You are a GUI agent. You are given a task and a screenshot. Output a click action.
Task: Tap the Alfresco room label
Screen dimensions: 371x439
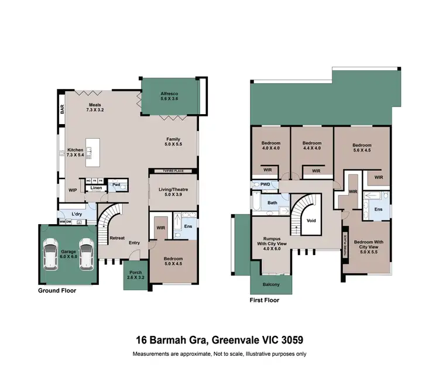[173, 96]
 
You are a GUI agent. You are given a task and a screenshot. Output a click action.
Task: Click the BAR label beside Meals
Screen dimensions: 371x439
[61, 109]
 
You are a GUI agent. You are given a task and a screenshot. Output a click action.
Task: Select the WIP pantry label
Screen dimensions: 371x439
[73, 190]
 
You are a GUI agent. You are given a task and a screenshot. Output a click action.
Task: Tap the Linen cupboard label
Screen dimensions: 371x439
[96, 188]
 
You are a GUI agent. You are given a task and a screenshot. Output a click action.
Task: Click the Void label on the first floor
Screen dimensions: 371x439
[311, 221]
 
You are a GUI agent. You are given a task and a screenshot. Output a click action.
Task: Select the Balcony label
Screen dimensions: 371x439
[270, 285]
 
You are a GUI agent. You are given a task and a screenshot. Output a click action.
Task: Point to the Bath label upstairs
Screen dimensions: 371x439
[272, 203]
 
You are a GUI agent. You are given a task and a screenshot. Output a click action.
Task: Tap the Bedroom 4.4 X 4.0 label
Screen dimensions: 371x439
[312, 146]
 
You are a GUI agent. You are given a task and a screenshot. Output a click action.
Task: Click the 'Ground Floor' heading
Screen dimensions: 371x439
[57, 290]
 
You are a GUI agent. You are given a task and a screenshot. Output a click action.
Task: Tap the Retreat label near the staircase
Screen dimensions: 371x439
[117, 238]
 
